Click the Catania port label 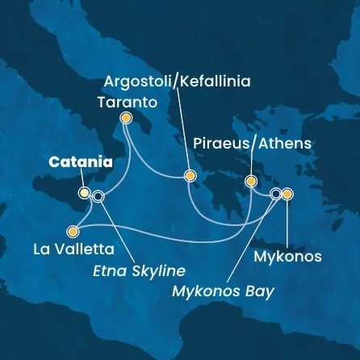coord(80,163)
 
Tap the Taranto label coord(125,102)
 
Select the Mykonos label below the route coord(287,257)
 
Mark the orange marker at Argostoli coord(190,175)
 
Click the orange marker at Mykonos coord(287,194)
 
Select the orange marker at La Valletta coord(74,229)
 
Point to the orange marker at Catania coord(84,193)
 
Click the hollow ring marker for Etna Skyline coord(98,195)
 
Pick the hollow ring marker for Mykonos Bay coord(276,194)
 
